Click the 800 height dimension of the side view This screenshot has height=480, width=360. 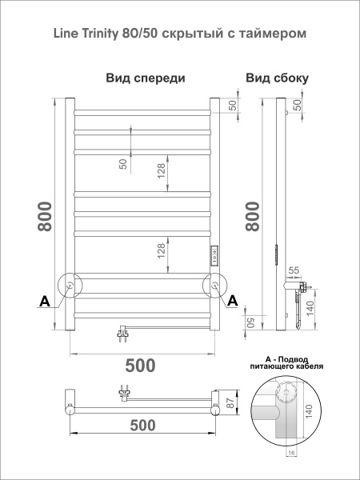pos(253,217)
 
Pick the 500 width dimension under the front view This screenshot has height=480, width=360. pos(141,366)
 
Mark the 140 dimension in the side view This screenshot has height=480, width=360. pos(310,307)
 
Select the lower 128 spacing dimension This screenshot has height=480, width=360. pos(162,252)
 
